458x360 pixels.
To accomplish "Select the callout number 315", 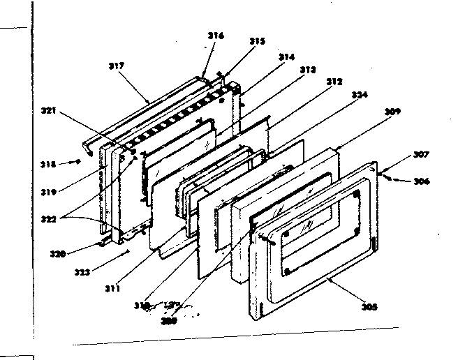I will [258, 41].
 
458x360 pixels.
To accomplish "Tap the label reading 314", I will [287, 57].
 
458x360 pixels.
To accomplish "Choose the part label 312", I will [334, 82].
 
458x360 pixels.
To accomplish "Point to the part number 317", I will [116, 66].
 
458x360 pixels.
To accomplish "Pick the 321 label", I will [49, 111].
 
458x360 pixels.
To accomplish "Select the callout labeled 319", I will [49, 189].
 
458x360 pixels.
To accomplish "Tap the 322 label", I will [49, 218].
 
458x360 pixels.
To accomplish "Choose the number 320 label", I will [59, 254].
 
